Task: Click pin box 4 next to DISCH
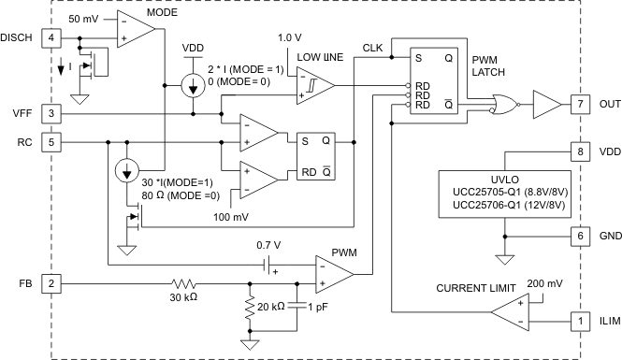coord(52,37)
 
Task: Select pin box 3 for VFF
coord(52,113)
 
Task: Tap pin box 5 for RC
coord(52,143)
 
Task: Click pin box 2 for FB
coord(52,281)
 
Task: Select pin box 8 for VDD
coord(580,150)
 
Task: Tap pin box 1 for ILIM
coord(580,322)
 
